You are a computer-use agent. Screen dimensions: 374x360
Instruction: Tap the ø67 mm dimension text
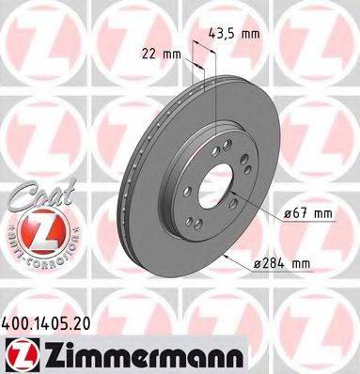(307, 213)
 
